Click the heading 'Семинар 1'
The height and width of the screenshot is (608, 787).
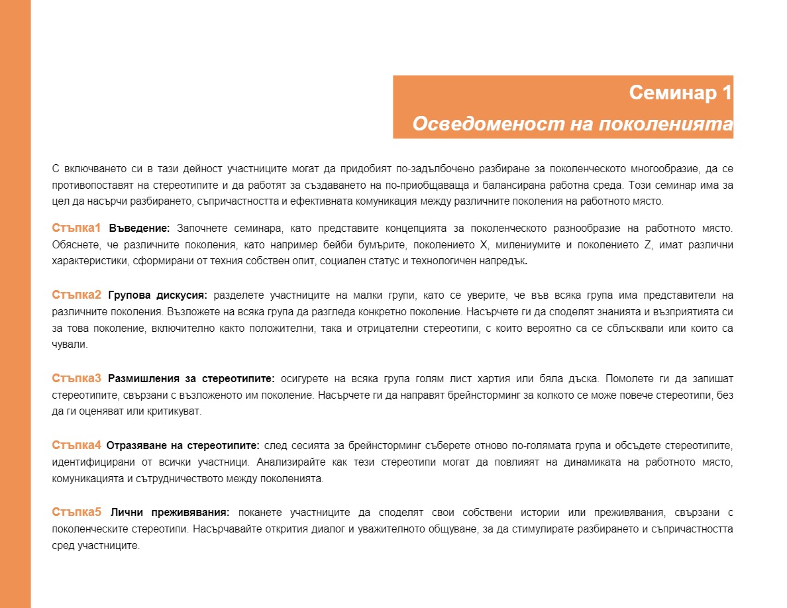[x=680, y=93]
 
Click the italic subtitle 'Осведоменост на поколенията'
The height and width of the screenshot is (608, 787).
[x=572, y=125]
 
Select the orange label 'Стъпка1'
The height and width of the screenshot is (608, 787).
[x=76, y=228]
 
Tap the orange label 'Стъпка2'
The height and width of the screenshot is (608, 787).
[x=76, y=295]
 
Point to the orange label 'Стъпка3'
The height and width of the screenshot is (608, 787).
[x=76, y=378]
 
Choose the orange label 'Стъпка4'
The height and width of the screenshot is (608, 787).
[x=76, y=444]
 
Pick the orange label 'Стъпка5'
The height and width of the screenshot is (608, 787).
[x=76, y=512]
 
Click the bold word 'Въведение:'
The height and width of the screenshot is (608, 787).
[x=139, y=229]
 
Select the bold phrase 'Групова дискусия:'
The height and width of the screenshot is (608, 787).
[x=158, y=295]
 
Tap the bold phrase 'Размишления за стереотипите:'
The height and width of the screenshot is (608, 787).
[x=191, y=379]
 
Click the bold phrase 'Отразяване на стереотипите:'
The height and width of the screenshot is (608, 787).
[x=182, y=445]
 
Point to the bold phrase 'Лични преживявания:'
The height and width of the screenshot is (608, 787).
[x=170, y=513]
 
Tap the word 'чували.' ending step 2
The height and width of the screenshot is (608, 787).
[x=70, y=344]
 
